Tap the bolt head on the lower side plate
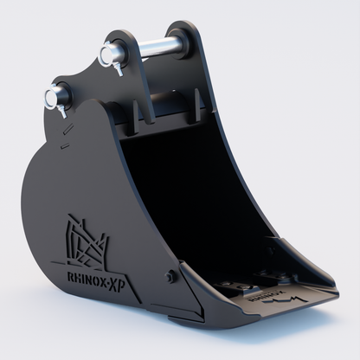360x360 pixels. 170,276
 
